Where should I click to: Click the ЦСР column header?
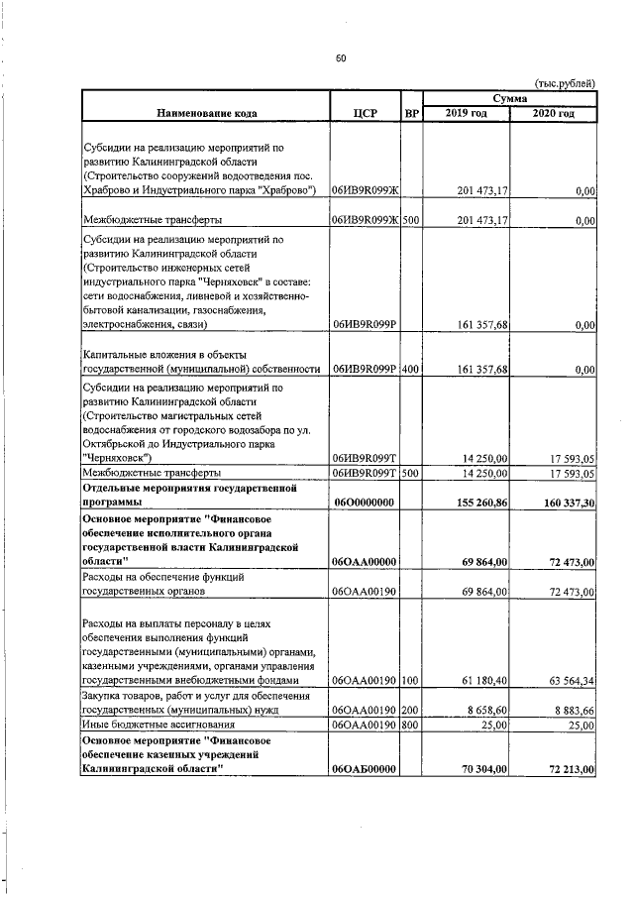tap(365, 113)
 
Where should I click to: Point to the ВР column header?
tap(412, 113)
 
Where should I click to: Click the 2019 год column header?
tap(467, 113)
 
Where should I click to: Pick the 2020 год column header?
tap(553, 113)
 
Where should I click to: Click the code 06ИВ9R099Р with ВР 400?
tap(365, 370)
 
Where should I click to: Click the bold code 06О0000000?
tap(364, 503)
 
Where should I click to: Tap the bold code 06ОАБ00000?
tap(365, 768)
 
